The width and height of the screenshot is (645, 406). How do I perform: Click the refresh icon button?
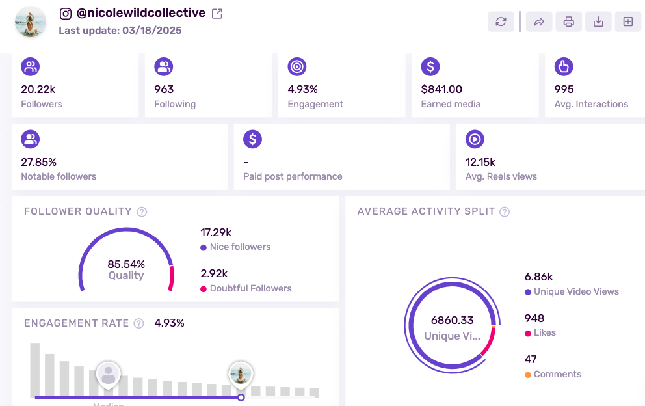[x=501, y=21]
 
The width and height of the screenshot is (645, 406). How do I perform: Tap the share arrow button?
[x=538, y=21]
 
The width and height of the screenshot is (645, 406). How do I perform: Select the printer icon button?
[x=568, y=21]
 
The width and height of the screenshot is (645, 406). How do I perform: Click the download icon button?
[x=598, y=21]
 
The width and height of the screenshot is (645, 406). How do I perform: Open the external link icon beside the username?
[x=217, y=13]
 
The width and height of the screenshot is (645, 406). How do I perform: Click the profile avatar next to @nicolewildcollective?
[x=30, y=22]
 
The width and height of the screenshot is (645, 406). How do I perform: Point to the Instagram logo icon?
[x=65, y=13]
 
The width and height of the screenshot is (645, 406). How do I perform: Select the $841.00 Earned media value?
[x=441, y=89]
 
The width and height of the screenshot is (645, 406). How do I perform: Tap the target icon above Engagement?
[x=297, y=66]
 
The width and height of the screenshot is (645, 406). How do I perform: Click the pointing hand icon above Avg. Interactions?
[x=563, y=66]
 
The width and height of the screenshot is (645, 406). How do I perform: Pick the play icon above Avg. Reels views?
[x=475, y=139]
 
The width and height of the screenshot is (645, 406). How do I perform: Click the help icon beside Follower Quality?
[x=142, y=211]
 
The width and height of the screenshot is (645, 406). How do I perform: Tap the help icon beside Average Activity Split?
[x=505, y=211]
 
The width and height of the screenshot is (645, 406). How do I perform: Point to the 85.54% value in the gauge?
[x=126, y=264]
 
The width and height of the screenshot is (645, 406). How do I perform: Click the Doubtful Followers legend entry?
[x=250, y=288]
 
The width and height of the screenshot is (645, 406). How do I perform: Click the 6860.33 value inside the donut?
[x=452, y=320]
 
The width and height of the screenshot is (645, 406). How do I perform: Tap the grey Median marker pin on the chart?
[x=109, y=375]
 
